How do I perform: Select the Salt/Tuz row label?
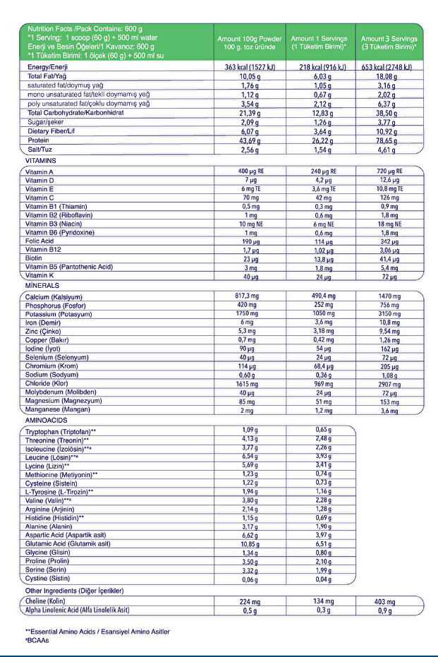[41, 150]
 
